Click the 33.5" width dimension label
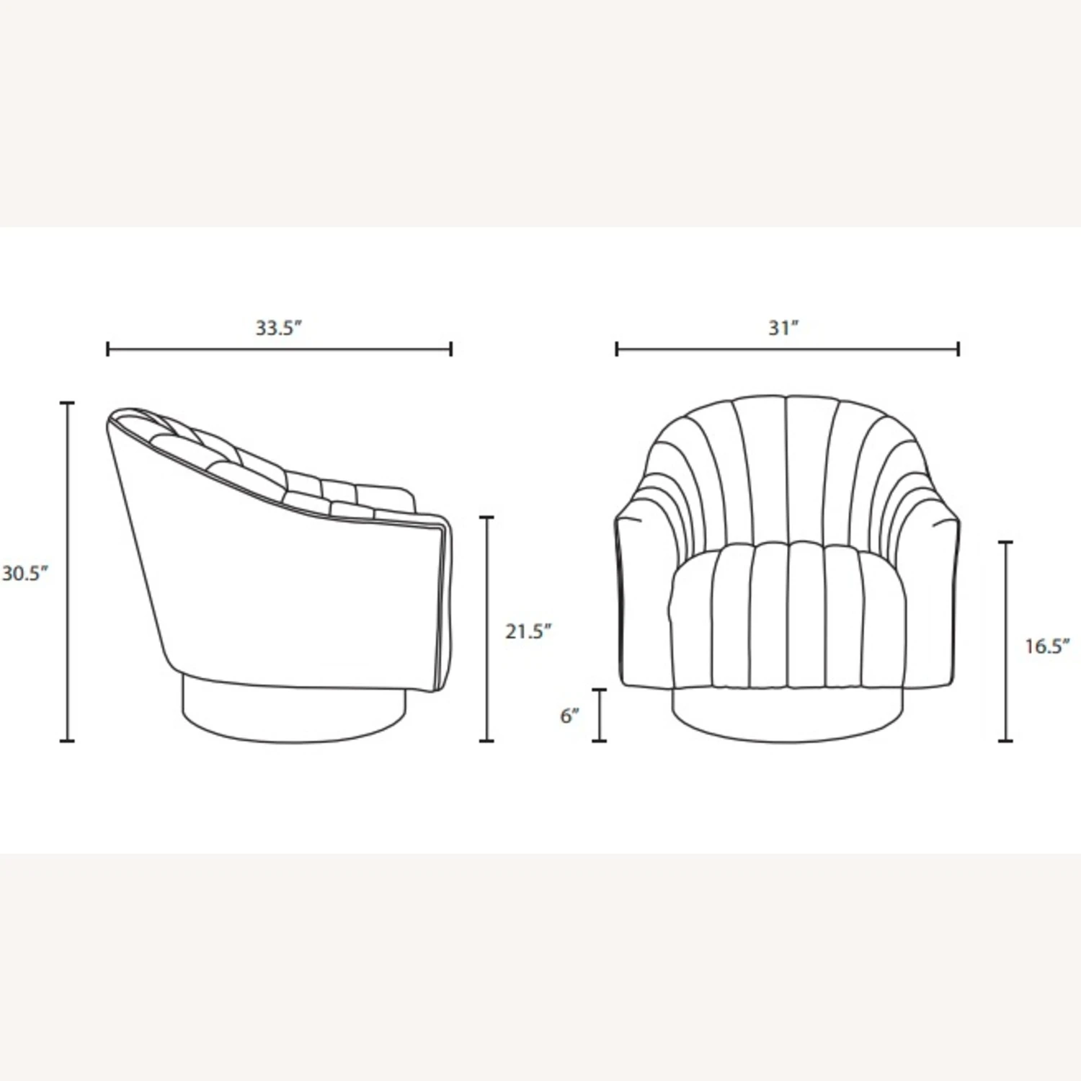[278, 328]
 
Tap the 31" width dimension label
[784, 328]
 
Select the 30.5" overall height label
[25, 574]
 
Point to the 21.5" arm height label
[528, 631]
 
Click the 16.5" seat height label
[1048, 646]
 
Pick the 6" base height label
[570, 716]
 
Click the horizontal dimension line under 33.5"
[280, 350]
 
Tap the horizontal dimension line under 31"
[788, 350]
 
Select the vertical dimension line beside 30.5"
[68, 571]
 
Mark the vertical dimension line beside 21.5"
[488, 629]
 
